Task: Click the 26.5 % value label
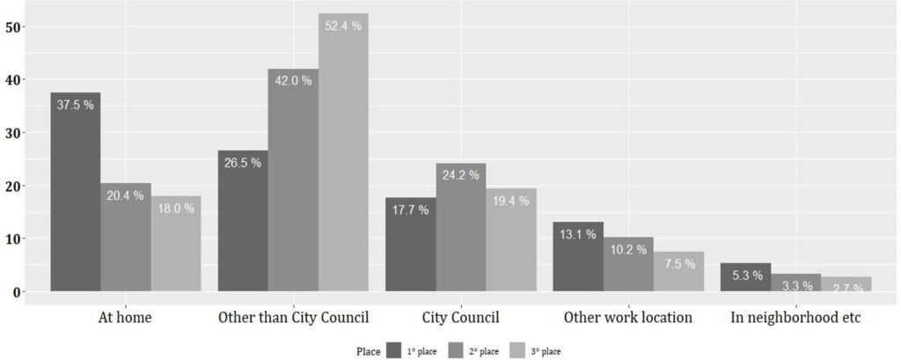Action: (243, 164)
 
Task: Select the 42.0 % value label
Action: (293, 81)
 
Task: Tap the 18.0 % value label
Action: (176, 209)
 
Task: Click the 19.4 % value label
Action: (511, 201)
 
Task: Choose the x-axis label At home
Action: (125, 317)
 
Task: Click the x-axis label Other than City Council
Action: (293, 317)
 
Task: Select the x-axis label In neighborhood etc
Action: (795, 317)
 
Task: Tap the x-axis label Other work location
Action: (628, 317)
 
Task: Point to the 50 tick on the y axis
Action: (13, 27)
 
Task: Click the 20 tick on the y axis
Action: (13, 186)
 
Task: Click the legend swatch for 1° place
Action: (393, 350)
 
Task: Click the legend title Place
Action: (368, 351)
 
